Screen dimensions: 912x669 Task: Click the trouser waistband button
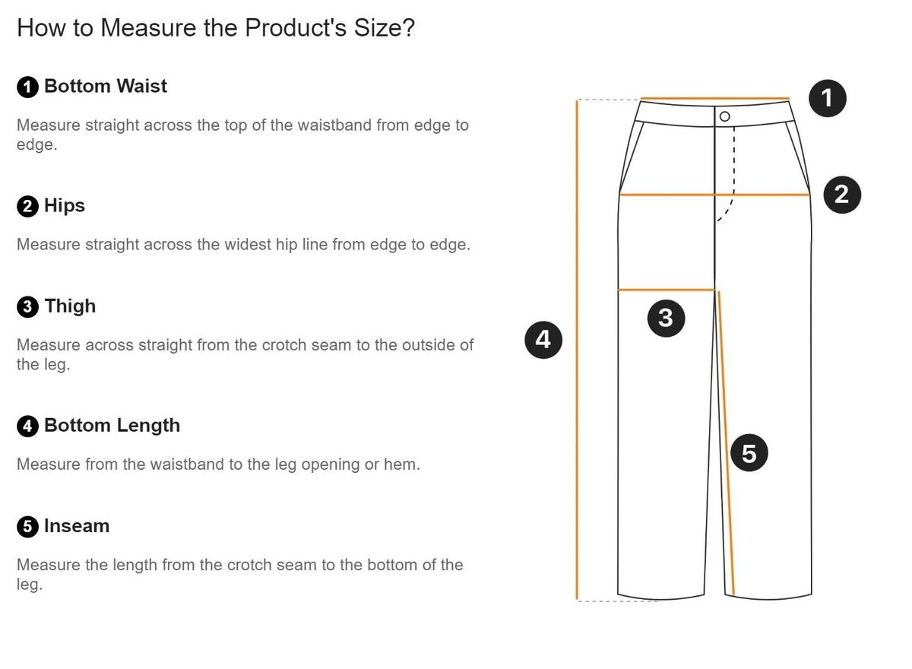[x=725, y=117]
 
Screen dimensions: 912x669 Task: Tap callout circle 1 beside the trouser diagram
[x=827, y=99]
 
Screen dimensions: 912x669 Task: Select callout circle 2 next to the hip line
[x=842, y=195]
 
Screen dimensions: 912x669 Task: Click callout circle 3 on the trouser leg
[x=666, y=319]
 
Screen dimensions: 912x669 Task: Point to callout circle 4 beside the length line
[x=543, y=340]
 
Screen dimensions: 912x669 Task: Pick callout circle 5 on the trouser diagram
[x=749, y=453]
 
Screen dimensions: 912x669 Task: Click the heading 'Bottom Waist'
[x=106, y=87]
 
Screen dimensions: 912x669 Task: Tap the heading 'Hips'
[x=65, y=206]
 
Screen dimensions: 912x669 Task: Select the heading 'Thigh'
[x=71, y=306]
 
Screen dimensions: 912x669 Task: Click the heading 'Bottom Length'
[x=112, y=426]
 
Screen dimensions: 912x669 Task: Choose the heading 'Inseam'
[x=77, y=526]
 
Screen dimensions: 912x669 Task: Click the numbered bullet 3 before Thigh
[x=27, y=306]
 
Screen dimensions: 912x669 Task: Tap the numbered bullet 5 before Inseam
[x=27, y=527]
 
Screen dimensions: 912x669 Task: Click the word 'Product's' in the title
[x=296, y=27]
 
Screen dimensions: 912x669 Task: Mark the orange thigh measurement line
[x=666, y=290]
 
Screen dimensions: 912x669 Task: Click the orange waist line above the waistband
[x=715, y=98]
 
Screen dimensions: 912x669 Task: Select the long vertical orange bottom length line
[x=577, y=350]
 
